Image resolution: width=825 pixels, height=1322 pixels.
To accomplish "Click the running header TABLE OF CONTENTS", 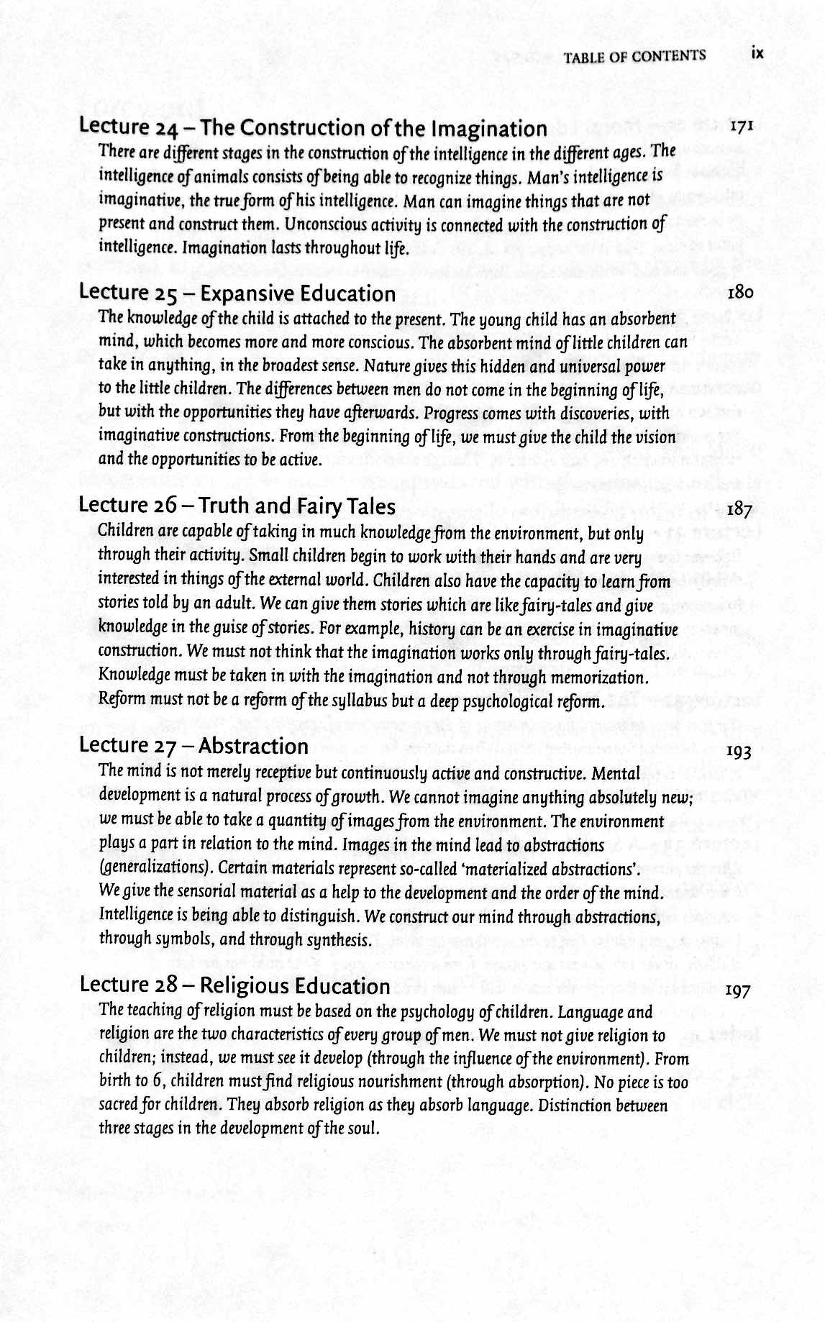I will (634, 56).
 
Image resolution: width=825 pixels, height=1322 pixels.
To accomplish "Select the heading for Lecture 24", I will (313, 128).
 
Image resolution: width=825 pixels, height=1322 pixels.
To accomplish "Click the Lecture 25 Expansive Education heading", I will (237, 293).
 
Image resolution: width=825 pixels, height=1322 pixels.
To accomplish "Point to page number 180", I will (740, 293).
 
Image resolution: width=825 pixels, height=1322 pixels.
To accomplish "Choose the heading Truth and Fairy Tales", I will (296, 506).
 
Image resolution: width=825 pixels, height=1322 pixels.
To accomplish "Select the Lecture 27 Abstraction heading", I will (194, 745).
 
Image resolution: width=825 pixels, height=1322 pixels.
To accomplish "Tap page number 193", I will (739, 752).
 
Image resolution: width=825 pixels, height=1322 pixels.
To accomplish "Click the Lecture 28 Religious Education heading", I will (234, 985).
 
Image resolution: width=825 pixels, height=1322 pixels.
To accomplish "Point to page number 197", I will (738, 991).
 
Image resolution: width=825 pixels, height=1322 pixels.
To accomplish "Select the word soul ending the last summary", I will (361, 1128).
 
